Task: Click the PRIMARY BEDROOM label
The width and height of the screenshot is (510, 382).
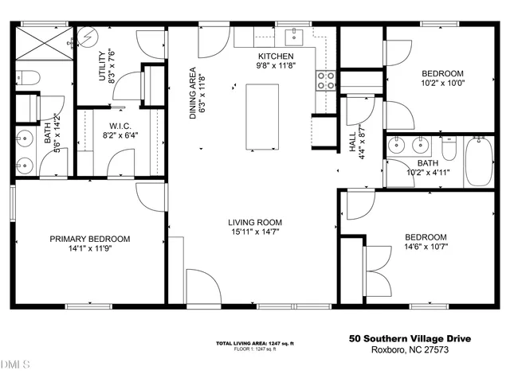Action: [x=90, y=239]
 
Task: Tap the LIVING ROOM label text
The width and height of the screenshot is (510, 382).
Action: [x=255, y=223]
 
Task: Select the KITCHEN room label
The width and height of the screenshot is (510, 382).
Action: [x=277, y=56]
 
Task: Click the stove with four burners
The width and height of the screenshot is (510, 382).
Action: [x=326, y=80]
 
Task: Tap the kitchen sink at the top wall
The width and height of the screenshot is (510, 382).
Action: [x=296, y=35]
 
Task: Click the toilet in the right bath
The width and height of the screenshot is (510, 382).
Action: [x=449, y=149]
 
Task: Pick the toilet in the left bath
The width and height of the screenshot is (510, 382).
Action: [x=28, y=78]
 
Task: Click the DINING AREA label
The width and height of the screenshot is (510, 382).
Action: [x=193, y=93]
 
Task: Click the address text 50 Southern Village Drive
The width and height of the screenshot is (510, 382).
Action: [x=410, y=338]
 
